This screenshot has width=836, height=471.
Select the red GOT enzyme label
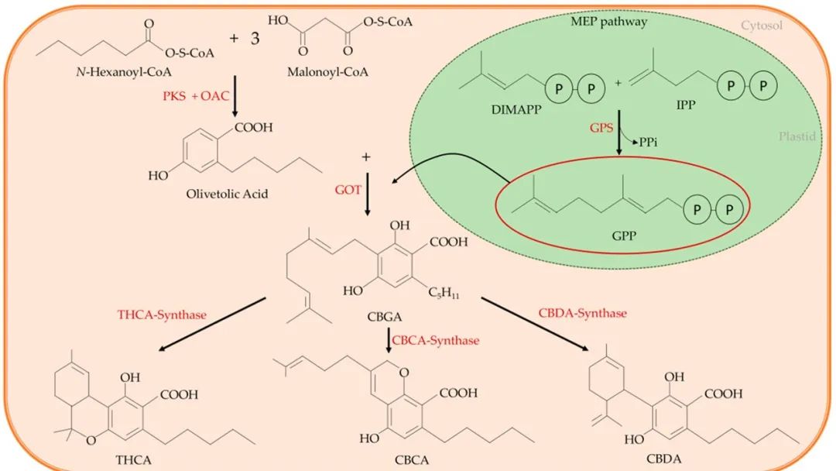pos(343,187)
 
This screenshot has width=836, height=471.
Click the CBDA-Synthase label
pos(582,313)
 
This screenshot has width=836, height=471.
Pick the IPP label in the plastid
pos(683,110)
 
